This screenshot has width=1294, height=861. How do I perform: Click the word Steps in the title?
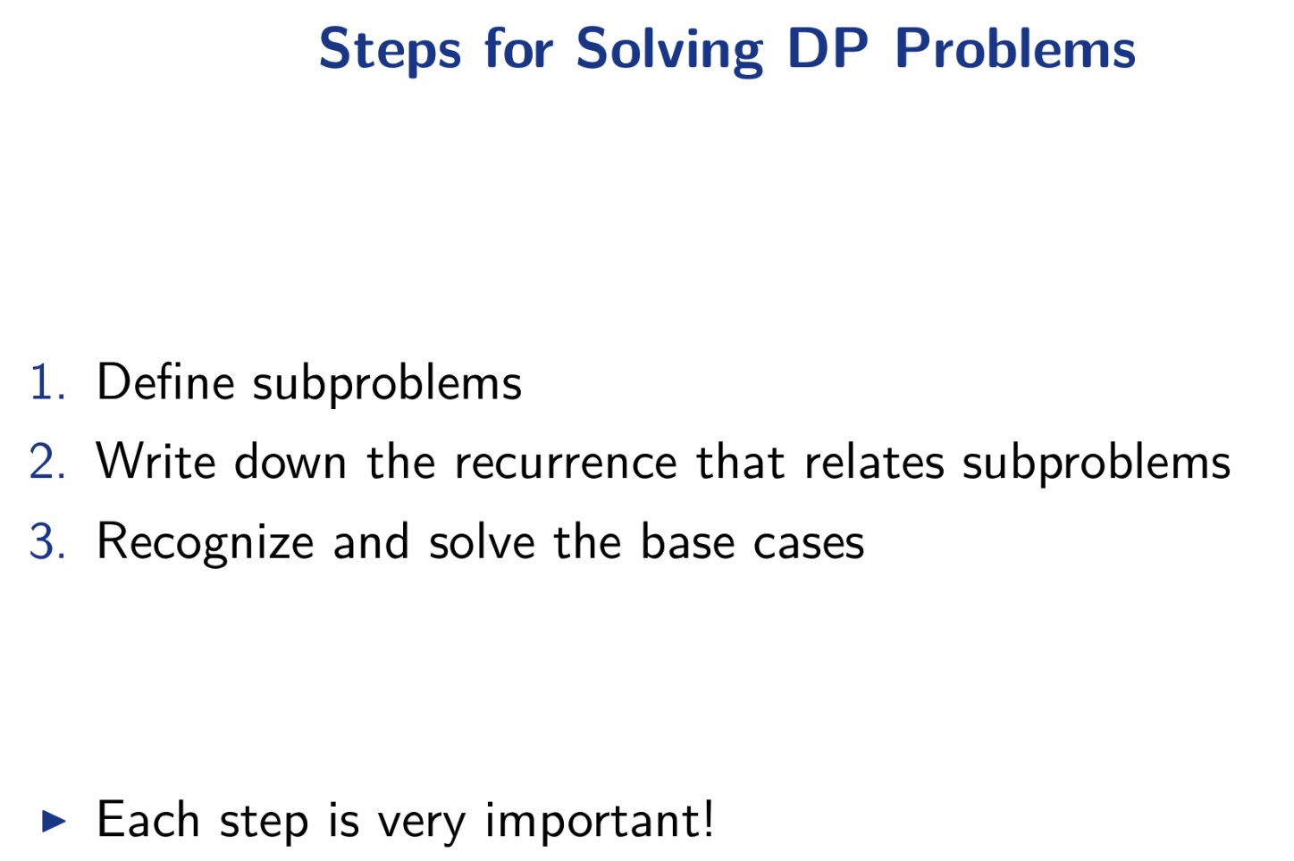[391, 50]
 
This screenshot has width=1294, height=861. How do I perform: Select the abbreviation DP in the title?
[828, 48]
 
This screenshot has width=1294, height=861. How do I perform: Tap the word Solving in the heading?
[670, 50]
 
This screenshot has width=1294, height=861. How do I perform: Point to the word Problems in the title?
[1015, 48]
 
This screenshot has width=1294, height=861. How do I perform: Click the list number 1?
[47, 381]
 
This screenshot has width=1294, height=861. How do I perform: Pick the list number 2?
[47, 461]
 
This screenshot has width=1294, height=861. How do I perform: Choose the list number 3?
[47, 540]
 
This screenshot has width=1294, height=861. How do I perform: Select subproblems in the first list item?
[387, 384]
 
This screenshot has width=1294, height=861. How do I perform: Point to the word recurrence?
[566, 464]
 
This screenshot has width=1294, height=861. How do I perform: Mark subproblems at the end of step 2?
[1097, 464]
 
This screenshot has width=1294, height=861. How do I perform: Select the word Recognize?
[206, 543]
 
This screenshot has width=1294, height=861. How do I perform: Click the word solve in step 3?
[482, 540]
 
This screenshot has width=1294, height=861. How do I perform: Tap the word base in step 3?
[687, 540]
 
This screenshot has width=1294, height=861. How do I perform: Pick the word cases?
[809, 544]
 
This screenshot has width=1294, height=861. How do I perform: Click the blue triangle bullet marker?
[55, 821]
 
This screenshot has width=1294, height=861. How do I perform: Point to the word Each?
[148, 819]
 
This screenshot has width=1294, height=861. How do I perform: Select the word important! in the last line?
[600, 822]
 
